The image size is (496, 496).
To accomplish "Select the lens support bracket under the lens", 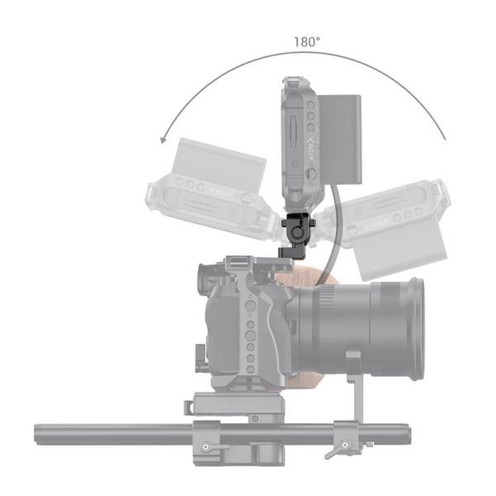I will [354, 389].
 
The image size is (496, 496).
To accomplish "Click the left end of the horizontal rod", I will [40, 434].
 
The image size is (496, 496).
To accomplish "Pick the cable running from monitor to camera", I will [328, 240].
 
